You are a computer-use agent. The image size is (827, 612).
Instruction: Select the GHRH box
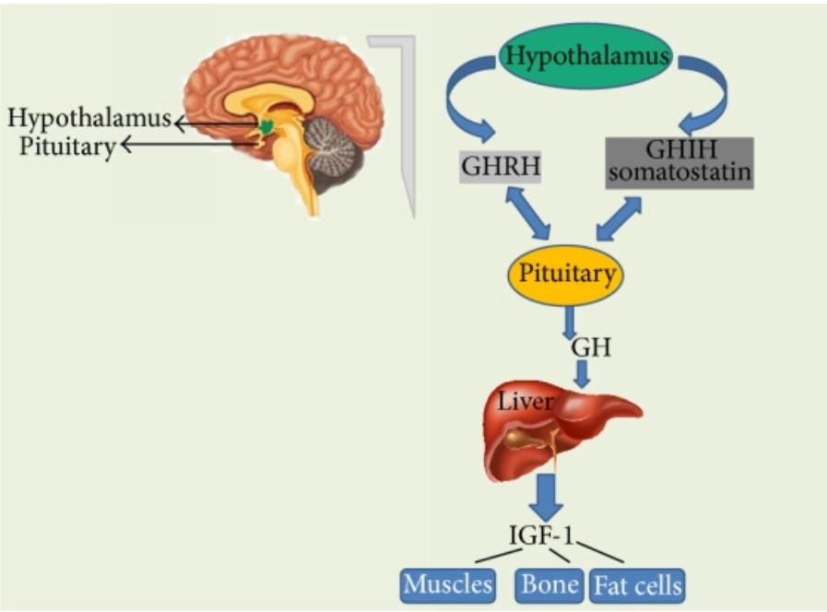click(x=499, y=170)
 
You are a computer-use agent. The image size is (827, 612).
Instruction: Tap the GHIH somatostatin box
click(x=679, y=163)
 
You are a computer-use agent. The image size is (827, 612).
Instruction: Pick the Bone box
click(x=549, y=584)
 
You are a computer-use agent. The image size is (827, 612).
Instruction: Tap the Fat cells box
click(x=638, y=584)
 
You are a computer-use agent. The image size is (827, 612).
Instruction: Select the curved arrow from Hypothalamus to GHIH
click(x=708, y=92)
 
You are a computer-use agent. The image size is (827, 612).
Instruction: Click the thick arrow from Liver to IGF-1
click(x=549, y=497)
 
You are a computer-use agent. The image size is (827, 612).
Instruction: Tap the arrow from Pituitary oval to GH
click(x=570, y=322)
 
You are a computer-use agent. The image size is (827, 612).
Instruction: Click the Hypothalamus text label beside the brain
click(x=89, y=118)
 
